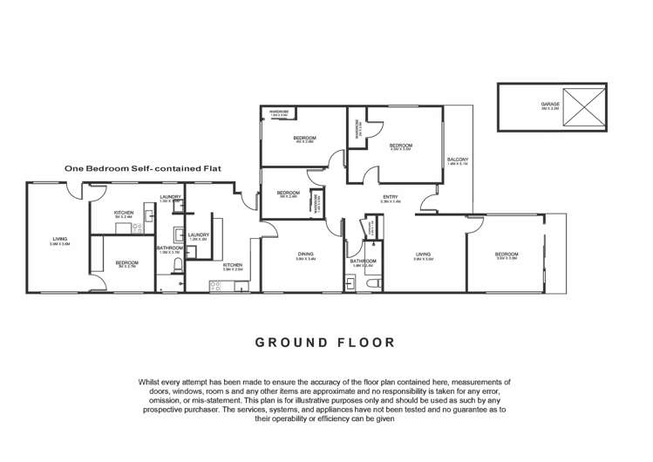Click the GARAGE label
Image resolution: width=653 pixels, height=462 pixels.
pyautogui.click(x=550, y=103)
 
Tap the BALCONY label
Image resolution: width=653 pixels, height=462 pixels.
pyautogui.click(x=458, y=160)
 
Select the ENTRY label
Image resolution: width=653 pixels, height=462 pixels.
pyautogui.click(x=391, y=197)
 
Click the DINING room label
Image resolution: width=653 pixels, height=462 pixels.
pyautogui.click(x=305, y=255)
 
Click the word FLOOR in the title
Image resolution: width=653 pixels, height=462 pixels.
pyautogui.click(x=365, y=342)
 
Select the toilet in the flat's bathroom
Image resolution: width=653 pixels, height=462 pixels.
pyautogui.click(x=178, y=267)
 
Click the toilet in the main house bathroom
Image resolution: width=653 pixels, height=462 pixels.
pyautogui.click(x=372, y=284)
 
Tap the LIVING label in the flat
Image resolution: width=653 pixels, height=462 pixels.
pyautogui.click(x=59, y=239)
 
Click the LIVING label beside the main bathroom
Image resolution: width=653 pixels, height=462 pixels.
pyautogui.click(x=423, y=255)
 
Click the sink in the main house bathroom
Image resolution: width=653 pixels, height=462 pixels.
pyautogui.click(x=350, y=283)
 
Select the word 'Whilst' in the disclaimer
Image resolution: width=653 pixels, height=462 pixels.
pyautogui.click(x=152, y=383)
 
